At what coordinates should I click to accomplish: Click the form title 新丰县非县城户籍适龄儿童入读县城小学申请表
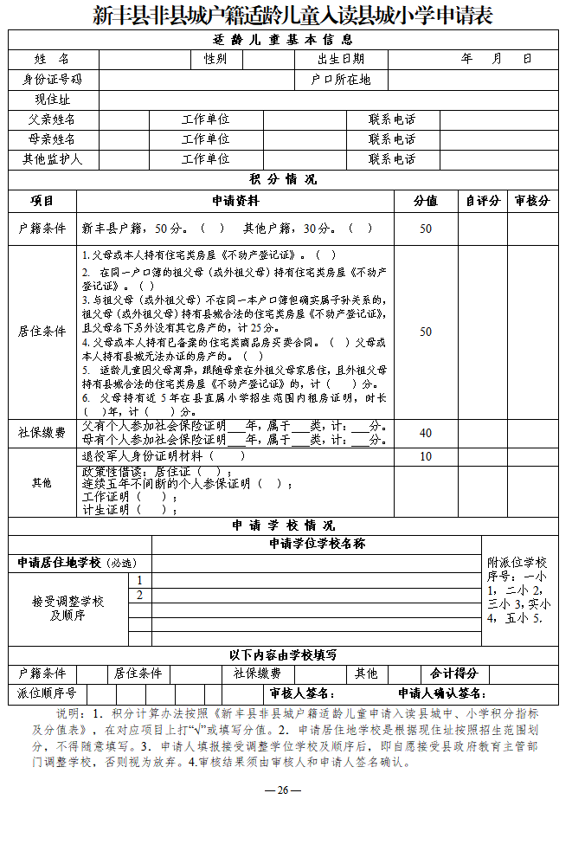click(292, 16)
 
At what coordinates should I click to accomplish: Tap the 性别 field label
click(215, 59)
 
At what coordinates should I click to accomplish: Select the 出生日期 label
click(341, 59)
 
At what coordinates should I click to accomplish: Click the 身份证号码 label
click(53, 80)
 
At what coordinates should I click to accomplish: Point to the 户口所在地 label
click(341, 80)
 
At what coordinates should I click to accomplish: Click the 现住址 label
click(53, 100)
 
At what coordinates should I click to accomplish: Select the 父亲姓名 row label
click(53, 119)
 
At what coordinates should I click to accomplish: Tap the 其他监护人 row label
click(53, 159)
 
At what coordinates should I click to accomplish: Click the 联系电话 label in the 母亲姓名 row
click(392, 139)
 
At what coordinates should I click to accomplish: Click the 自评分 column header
click(482, 201)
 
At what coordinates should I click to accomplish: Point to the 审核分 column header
click(531, 201)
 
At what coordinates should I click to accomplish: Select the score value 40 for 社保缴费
click(426, 433)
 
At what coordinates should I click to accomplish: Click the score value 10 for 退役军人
click(426, 456)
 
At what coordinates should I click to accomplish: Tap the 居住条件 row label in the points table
click(42, 332)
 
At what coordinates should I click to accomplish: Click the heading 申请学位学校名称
click(317, 544)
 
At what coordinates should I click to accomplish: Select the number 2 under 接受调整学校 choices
click(139, 595)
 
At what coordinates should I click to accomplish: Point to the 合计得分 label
click(454, 674)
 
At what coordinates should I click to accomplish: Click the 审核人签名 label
click(302, 693)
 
